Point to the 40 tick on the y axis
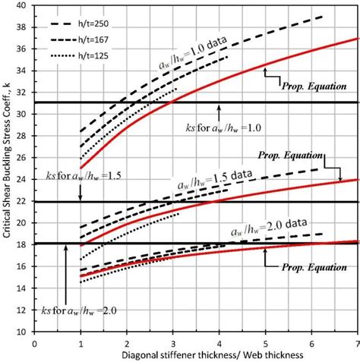pyautogui.click(x=24, y=5)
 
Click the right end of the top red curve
pyautogui.click(x=356, y=38)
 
